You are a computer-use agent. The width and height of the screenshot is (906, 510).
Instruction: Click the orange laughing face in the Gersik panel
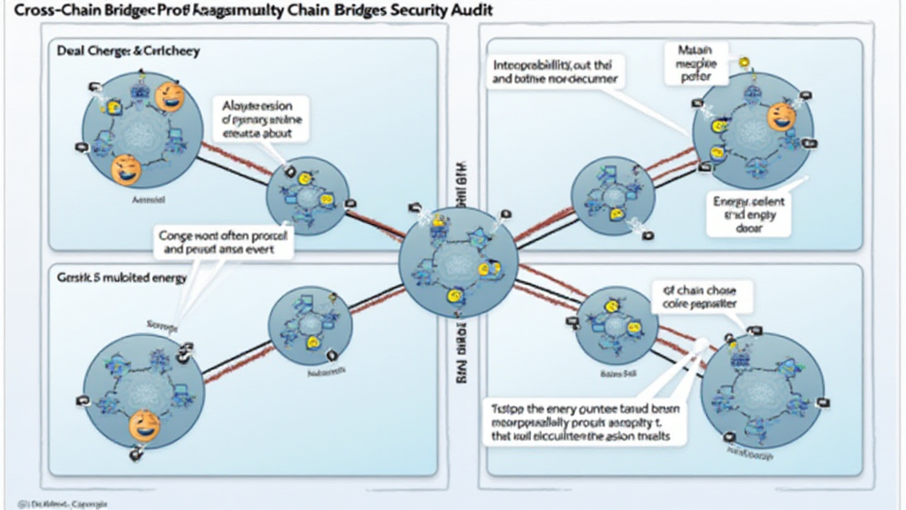click(x=144, y=426)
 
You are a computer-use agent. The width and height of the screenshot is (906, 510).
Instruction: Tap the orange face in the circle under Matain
click(x=781, y=116)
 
